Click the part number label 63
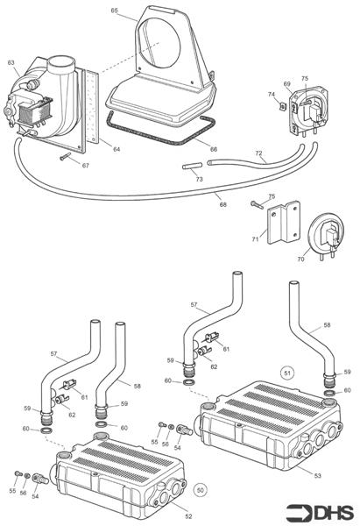pyautogui.click(x=11, y=62)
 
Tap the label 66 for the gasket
pyautogui.click(x=214, y=149)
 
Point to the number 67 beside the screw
pyautogui.click(x=85, y=165)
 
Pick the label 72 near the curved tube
pyautogui.click(x=258, y=153)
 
